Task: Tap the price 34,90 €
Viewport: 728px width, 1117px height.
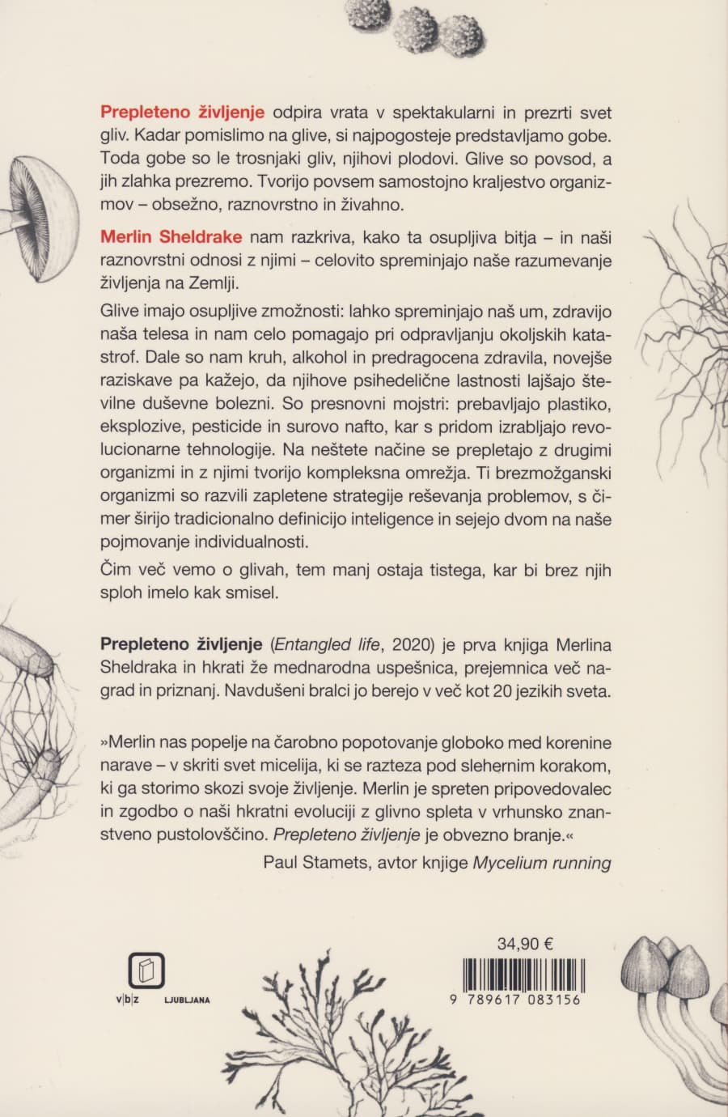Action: coord(525,943)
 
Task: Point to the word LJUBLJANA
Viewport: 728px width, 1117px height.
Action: coord(187,1000)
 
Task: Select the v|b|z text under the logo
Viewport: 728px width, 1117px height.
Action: coord(127,1000)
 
